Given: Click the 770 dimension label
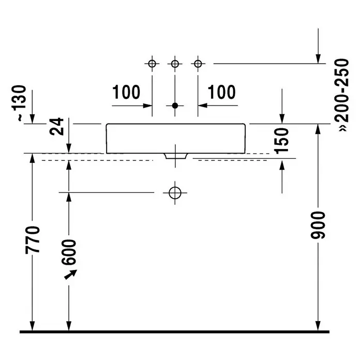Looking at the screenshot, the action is click(33, 240).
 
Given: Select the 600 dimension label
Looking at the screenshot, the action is click(69, 252).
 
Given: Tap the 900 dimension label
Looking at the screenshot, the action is click(318, 226).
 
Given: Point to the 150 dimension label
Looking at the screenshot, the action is click(281, 141).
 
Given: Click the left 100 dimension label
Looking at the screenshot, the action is click(126, 92).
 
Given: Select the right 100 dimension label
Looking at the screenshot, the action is click(221, 92).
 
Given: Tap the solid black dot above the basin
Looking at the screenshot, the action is click(175, 106).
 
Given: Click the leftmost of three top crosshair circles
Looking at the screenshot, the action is click(152, 64).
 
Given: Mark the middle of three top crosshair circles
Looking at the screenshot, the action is click(175, 64).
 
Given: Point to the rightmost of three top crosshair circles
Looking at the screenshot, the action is click(198, 64).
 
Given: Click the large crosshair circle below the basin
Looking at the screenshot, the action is click(175, 192).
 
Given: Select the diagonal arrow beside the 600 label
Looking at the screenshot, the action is click(70, 275).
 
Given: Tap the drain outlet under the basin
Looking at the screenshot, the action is click(176, 156).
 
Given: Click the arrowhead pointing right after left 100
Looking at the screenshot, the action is click(147, 106).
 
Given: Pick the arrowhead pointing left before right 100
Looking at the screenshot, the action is click(203, 106).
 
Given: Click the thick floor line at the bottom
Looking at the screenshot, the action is click(174, 332).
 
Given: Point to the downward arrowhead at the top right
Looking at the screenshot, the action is click(318, 59).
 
